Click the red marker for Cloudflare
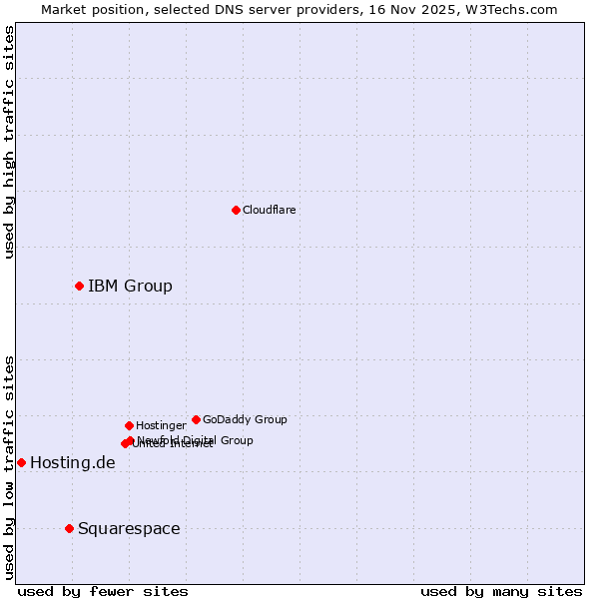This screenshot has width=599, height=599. click(x=236, y=210)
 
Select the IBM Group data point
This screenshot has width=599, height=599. click(x=79, y=287)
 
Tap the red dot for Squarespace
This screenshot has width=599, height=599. click(x=69, y=528)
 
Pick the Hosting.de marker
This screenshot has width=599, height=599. click(x=21, y=462)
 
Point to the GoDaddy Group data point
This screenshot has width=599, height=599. click(x=196, y=419)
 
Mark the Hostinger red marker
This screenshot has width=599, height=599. click(x=129, y=425)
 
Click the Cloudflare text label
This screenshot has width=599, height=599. click(x=269, y=210)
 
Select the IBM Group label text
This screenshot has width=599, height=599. click(x=130, y=287)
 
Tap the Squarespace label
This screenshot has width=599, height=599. click(x=129, y=528)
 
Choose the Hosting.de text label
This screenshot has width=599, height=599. click(x=72, y=462)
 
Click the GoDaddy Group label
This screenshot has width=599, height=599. click(x=245, y=419)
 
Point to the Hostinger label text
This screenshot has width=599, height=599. click(x=161, y=425)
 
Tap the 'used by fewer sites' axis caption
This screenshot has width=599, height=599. click(x=103, y=591)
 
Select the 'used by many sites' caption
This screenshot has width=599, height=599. click(x=501, y=591)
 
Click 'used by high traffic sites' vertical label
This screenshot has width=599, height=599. click(x=9, y=142)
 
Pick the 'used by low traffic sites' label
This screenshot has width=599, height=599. click(x=9, y=466)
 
